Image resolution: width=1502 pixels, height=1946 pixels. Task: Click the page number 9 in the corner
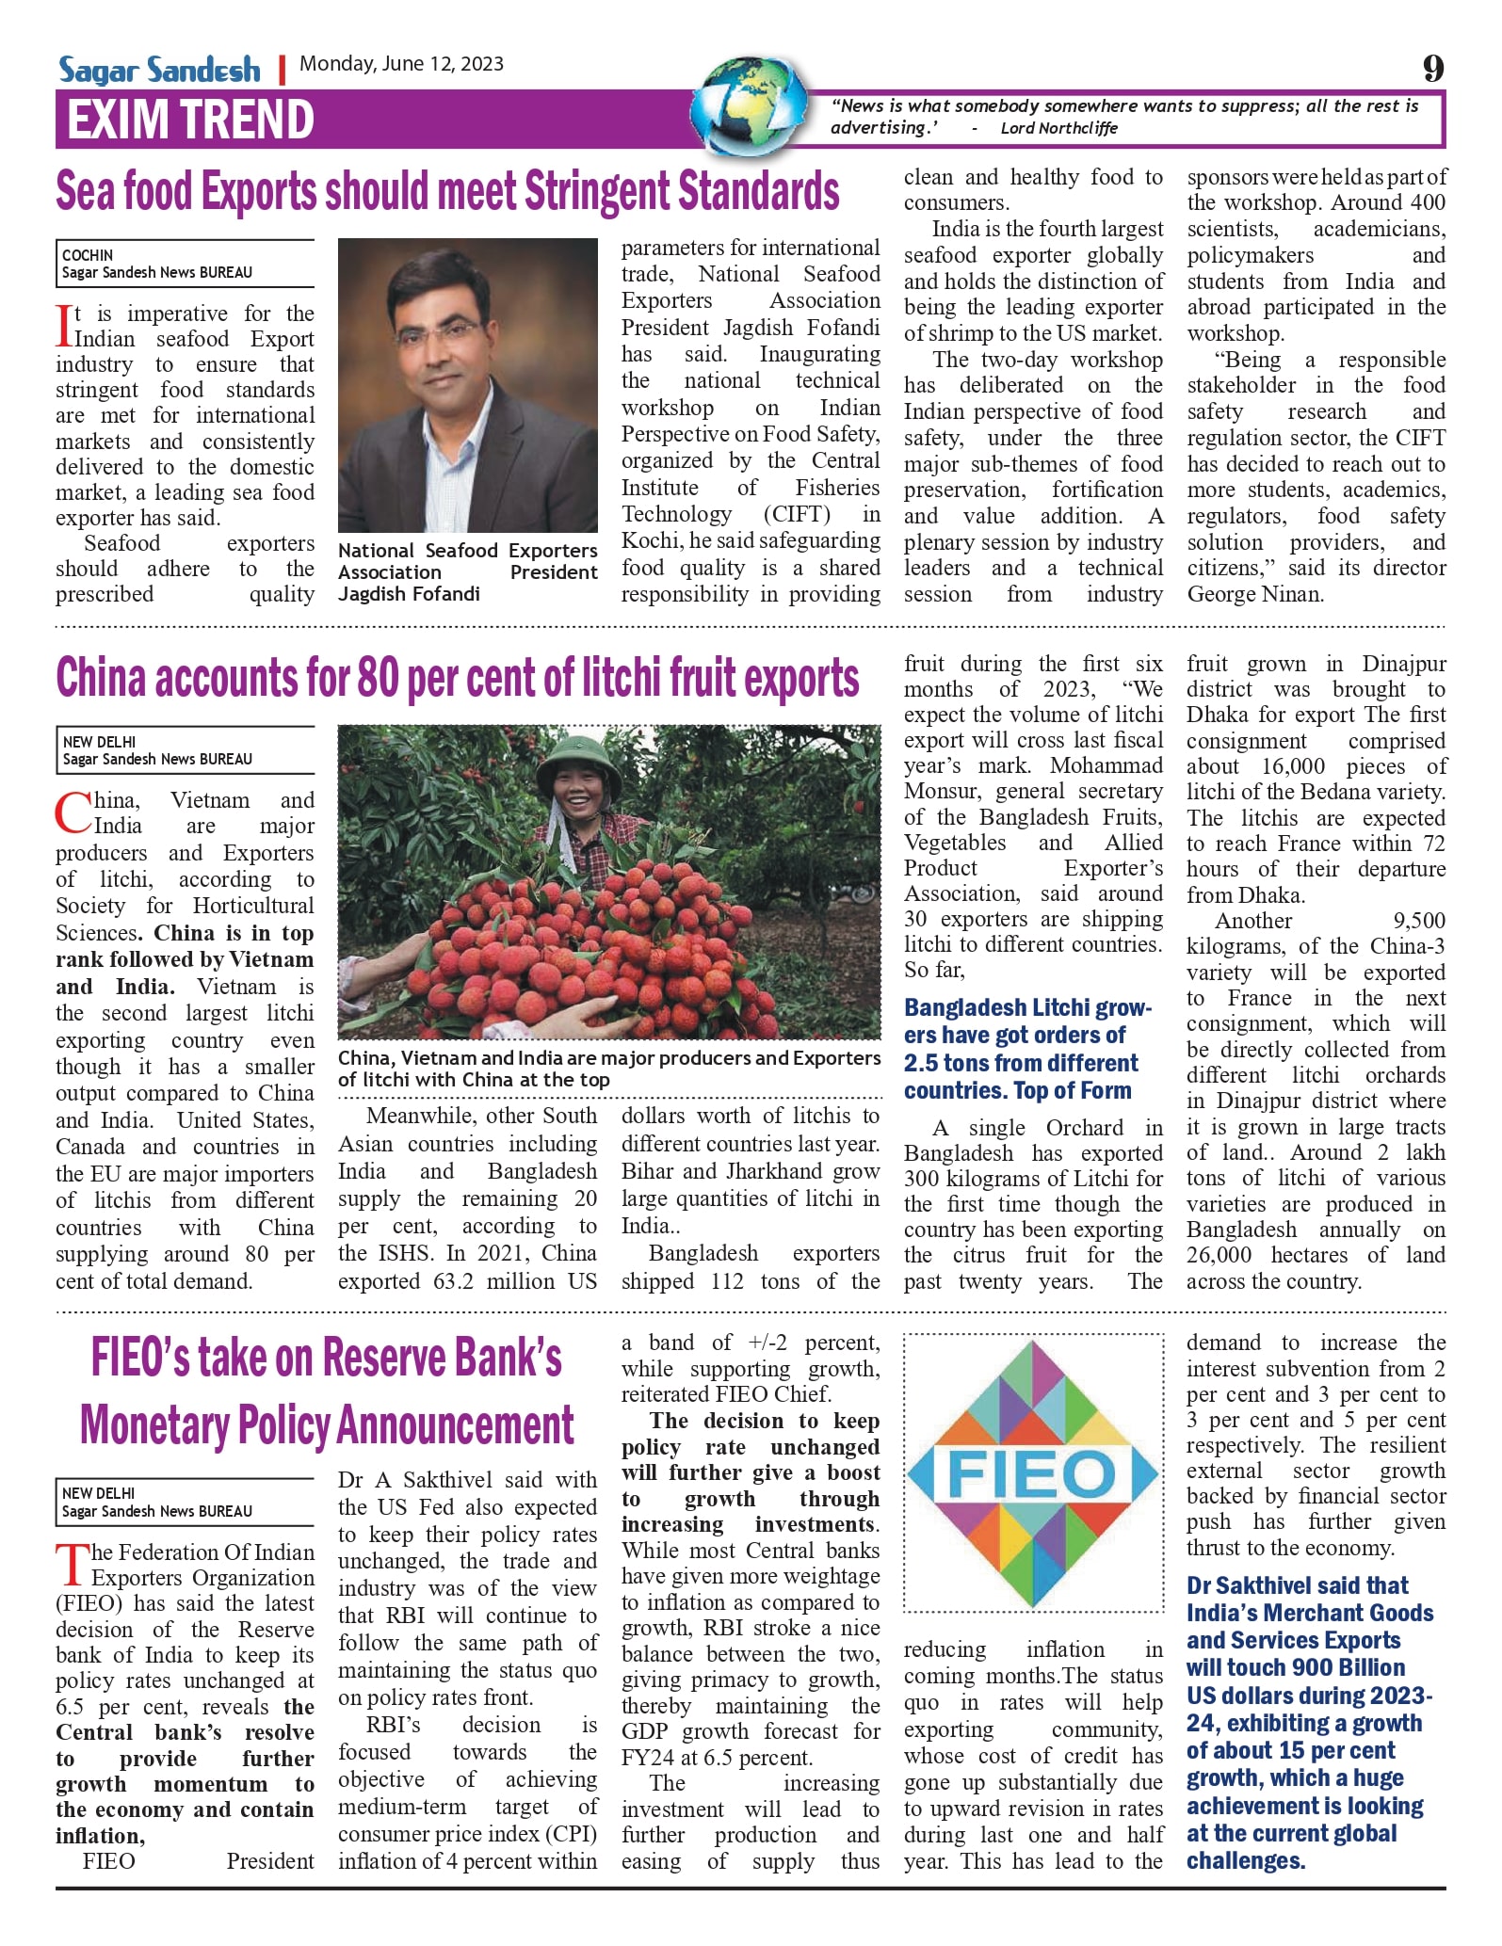(x=1431, y=68)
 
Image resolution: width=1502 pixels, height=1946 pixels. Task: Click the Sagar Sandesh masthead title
(x=159, y=70)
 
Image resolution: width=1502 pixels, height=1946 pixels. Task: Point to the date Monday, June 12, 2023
(x=401, y=64)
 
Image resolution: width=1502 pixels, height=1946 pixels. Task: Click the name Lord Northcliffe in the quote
(x=1058, y=128)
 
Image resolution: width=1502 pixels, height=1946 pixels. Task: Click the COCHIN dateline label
(x=88, y=255)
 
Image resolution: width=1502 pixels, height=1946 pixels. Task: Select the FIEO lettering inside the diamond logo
(x=1031, y=1473)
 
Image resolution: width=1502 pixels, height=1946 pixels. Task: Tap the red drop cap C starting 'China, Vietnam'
(x=73, y=812)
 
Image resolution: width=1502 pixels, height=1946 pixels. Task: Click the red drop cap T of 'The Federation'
(x=73, y=1565)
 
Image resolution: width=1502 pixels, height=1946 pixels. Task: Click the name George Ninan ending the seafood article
(x=1254, y=594)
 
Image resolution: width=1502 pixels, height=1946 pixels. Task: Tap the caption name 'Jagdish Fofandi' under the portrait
(x=409, y=594)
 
